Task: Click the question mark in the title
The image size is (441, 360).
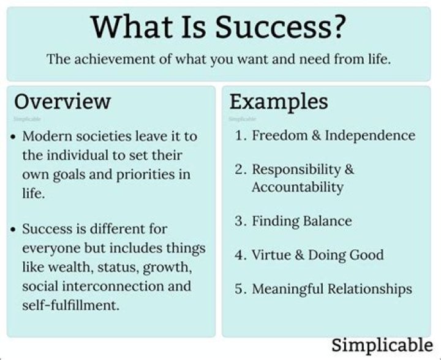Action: click(x=338, y=28)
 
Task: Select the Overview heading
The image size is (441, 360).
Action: click(x=62, y=101)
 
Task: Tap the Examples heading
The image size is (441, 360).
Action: click(x=279, y=101)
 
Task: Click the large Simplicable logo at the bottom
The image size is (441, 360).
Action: click(x=382, y=344)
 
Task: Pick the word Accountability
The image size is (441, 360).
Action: click(x=297, y=187)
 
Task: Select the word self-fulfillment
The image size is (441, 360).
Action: click(x=70, y=305)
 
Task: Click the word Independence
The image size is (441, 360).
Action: click(x=370, y=136)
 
